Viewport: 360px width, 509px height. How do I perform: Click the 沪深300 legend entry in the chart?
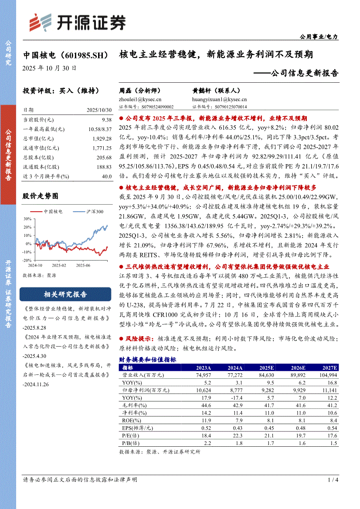point(94,212)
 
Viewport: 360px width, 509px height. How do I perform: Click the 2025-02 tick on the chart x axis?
point(57,265)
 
